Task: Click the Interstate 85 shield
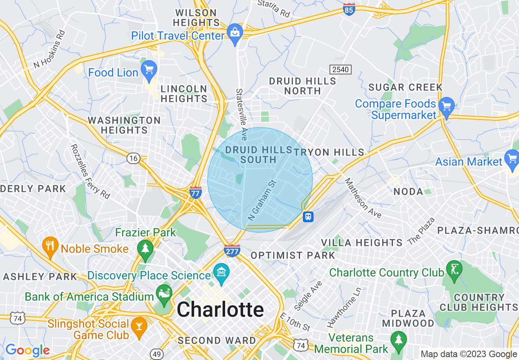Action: pyautogui.click(x=349, y=10)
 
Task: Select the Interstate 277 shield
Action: pyautogui.click(x=232, y=250)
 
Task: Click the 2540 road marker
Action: pyautogui.click(x=341, y=69)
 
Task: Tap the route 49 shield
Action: pyautogui.click(x=156, y=353)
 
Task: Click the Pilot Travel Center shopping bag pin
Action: pyautogui.click(x=235, y=33)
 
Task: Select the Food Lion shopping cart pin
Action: pyautogui.click(x=149, y=70)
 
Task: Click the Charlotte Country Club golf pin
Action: pyautogui.click(x=454, y=270)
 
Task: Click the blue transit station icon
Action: pyautogui.click(x=308, y=216)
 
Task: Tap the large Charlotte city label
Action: pyautogui.click(x=220, y=310)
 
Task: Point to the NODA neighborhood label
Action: pyautogui.click(x=408, y=191)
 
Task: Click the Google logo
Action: pyautogui.click(x=27, y=350)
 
